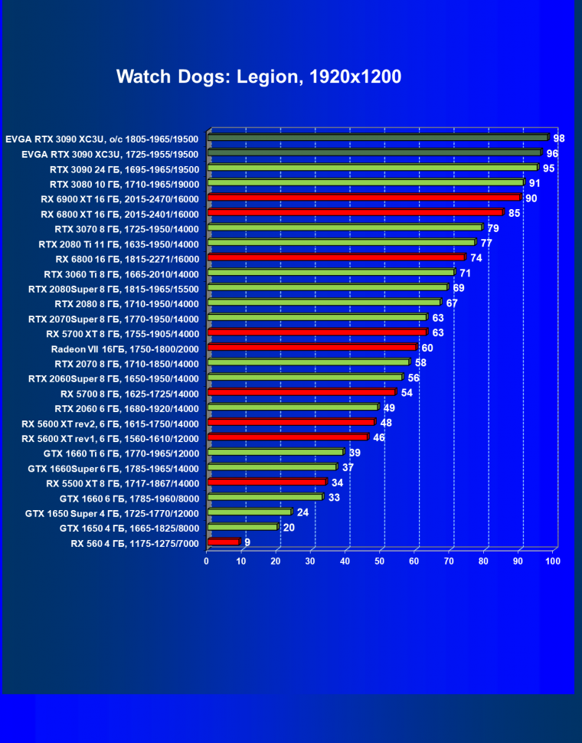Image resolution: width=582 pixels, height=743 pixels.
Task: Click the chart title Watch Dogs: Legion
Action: [x=259, y=77]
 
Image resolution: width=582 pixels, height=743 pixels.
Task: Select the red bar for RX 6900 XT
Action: [x=364, y=198]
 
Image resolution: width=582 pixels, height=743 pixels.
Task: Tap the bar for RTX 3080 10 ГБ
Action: [x=365, y=183]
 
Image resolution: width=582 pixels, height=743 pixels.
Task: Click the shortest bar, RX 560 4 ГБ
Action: [x=223, y=542]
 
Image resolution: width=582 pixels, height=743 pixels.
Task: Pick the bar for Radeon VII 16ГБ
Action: [x=312, y=347]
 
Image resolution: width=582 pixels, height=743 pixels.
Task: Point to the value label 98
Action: [x=559, y=138]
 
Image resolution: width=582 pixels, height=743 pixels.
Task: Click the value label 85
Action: [x=515, y=212]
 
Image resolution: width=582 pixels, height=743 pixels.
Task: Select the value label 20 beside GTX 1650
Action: [x=289, y=527]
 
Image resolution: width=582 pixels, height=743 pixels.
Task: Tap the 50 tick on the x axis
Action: [x=380, y=561]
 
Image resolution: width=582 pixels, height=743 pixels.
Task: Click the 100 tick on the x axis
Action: [x=552, y=561]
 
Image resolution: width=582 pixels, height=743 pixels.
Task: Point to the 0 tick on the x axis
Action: [x=207, y=561]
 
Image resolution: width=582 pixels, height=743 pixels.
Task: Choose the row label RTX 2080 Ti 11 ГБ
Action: [x=119, y=244]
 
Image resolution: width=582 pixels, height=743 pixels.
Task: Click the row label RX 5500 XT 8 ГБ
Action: [x=123, y=483]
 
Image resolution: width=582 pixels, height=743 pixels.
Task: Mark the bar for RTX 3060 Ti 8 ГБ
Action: [x=331, y=272]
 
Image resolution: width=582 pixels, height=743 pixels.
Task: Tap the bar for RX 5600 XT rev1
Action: [x=287, y=437]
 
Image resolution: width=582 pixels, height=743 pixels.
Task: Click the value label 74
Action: [x=476, y=257]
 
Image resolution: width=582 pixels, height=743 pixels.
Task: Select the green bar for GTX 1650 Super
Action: [x=249, y=512]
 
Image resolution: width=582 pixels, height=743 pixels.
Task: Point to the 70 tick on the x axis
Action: [x=449, y=561]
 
